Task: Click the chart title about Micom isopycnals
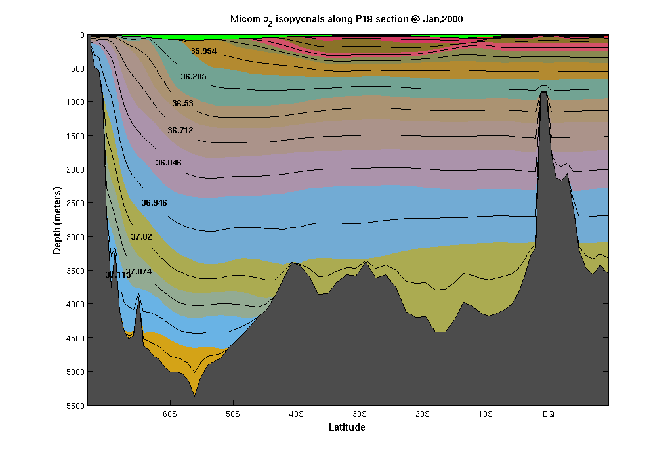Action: (346, 19)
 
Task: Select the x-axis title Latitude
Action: (346, 427)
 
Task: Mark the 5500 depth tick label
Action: (73, 405)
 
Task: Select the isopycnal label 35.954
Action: (203, 51)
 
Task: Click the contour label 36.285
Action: (194, 77)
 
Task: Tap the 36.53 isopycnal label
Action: (183, 104)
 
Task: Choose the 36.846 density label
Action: (169, 163)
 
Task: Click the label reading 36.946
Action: (154, 203)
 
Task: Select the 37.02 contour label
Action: (141, 236)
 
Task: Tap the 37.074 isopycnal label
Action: (139, 272)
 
